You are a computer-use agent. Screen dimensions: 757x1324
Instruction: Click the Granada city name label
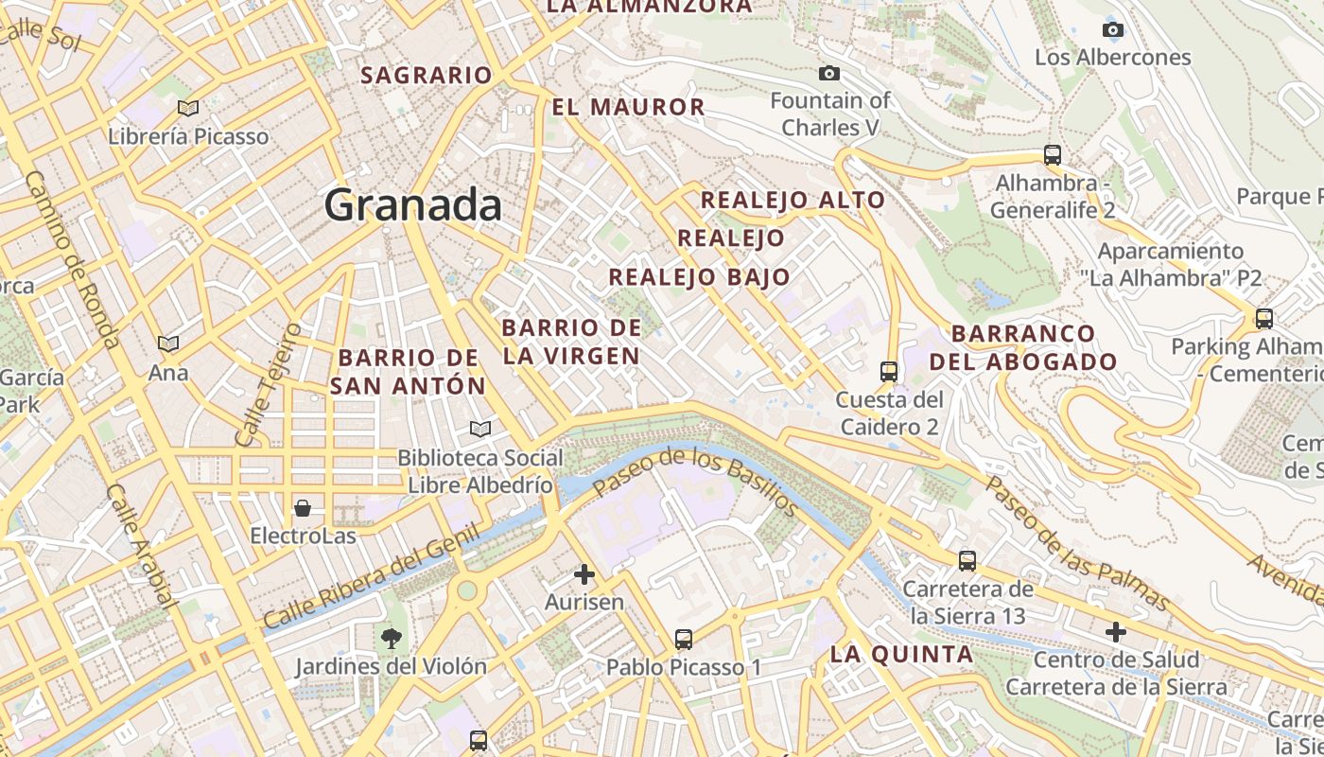click(x=412, y=205)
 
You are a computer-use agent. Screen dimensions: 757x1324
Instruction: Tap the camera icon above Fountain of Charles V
click(x=829, y=73)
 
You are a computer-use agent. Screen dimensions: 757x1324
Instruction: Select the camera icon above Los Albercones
click(x=1113, y=29)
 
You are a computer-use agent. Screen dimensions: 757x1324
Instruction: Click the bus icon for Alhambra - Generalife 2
click(x=1052, y=154)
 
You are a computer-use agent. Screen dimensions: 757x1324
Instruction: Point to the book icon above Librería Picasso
click(x=188, y=108)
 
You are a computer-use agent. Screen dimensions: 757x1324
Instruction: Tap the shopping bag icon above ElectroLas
click(x=303, y=509)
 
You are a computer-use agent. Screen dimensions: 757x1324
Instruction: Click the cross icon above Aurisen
click(x=584, y=573)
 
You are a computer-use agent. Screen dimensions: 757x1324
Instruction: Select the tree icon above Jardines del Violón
click(x=391, y=638)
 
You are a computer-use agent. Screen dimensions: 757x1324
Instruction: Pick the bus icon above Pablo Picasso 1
click(x=684, y=640)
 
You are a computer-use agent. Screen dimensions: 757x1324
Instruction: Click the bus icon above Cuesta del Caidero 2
click(x=888, y=371)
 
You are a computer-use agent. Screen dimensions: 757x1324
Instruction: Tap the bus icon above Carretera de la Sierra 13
click(x=967, y=560)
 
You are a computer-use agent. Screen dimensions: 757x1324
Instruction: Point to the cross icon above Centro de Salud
click(x=1116, y=631)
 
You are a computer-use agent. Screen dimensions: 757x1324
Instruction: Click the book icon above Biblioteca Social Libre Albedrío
click(x=480, y=430)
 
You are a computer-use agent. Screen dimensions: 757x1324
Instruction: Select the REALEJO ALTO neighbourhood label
click(x=793, y=201)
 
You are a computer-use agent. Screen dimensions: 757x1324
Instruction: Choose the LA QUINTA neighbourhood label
click(x=901, y=654)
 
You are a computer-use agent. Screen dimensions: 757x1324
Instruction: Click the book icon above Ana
click(x=168, y=343)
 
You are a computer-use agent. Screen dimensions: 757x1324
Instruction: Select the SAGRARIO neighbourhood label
click(x=427, y=75)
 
